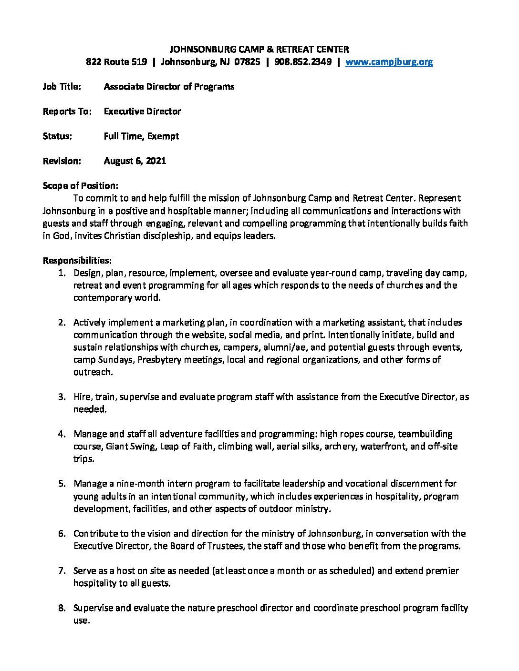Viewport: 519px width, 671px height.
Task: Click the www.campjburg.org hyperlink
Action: click(389, 62)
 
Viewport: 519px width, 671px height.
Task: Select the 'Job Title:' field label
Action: click(62, 87)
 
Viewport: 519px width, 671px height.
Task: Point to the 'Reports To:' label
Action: click(67, 112)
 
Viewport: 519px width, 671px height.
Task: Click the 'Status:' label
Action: click(58, 136)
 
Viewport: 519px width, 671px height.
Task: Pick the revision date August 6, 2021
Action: click(135, 161)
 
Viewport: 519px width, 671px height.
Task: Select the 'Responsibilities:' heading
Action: click(77, 261)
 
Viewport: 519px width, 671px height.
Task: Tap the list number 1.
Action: click(62, 273)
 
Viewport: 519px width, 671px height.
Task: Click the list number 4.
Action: click(62, 434)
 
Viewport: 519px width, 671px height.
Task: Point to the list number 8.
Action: click(62, 608)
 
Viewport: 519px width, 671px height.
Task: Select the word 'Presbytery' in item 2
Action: click(159, 360)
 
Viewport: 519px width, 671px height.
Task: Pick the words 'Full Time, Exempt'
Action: click(141, 136)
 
